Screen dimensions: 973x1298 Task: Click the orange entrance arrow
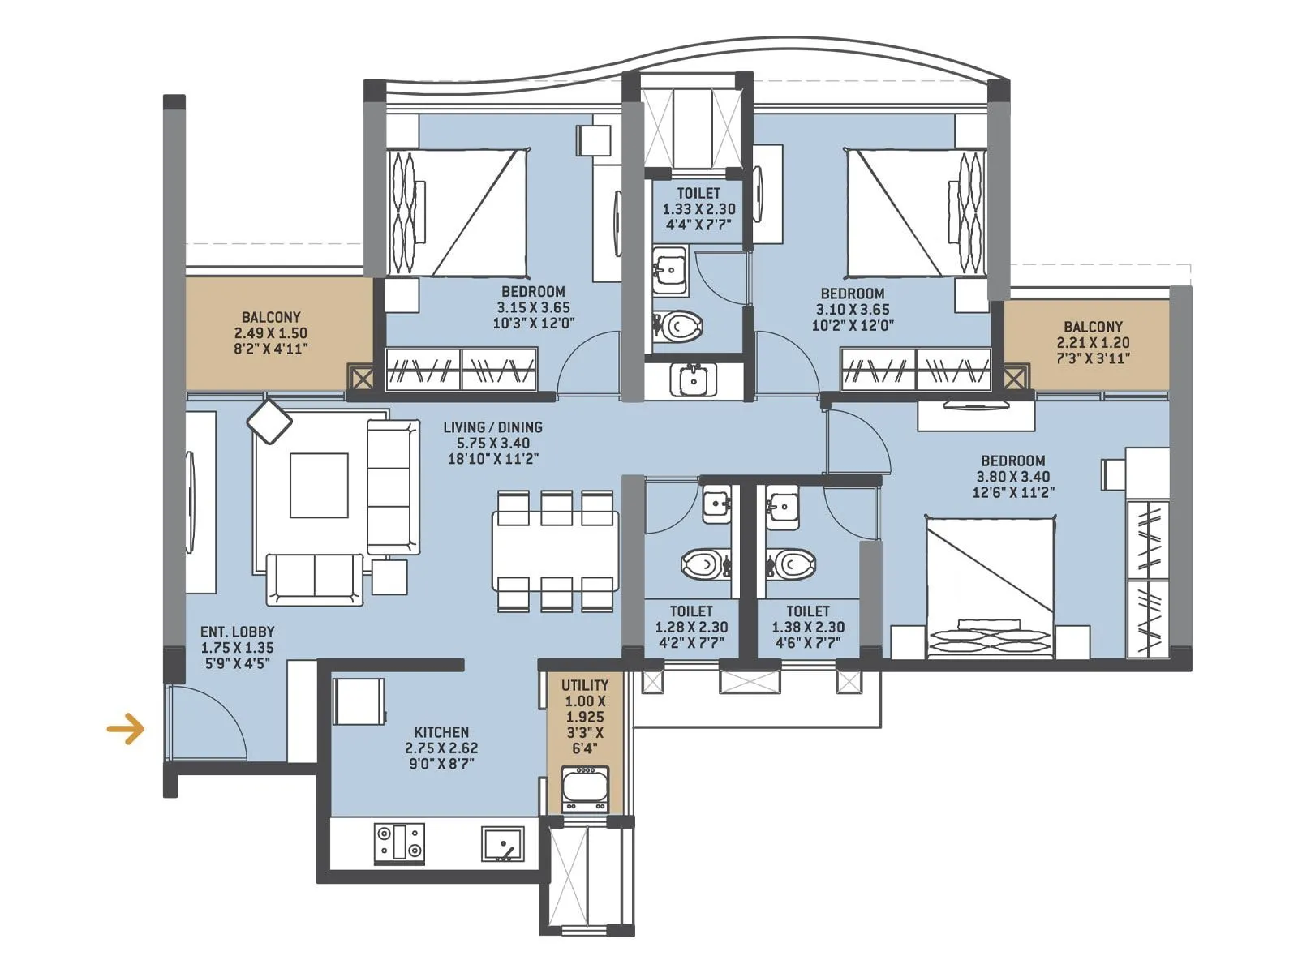point(126,728)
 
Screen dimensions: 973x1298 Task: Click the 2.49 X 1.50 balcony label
point(270,332)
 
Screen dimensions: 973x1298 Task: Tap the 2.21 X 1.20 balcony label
point(1093,342)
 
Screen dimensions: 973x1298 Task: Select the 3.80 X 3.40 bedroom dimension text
point(1012,477)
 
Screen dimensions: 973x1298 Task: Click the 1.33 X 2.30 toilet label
point(698,208)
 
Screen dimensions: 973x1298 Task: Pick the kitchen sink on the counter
point(503,844)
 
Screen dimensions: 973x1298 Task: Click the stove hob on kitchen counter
point(399,842)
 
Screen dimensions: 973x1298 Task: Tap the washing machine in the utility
point(585,789)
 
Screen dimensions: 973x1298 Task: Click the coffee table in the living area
point(319,485)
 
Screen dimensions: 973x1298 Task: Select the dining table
point(555,551)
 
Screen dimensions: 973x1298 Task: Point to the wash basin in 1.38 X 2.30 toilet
point(783,507)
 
